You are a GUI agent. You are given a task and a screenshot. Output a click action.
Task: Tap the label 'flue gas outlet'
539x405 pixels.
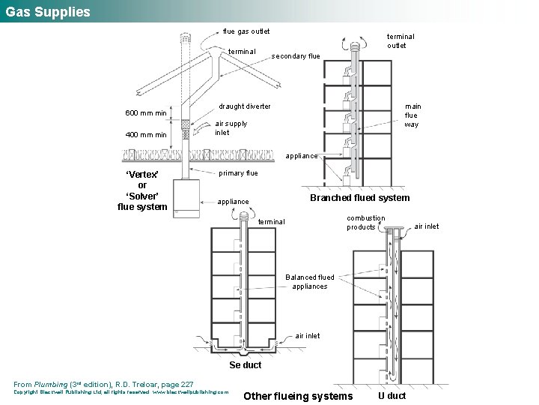246,31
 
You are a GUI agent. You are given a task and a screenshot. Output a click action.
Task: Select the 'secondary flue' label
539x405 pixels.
296,56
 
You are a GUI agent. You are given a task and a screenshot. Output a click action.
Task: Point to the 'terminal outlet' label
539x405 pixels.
400,40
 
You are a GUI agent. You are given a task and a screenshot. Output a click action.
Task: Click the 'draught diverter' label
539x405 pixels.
245,106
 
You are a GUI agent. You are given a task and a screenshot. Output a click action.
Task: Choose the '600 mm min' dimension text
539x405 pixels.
146,113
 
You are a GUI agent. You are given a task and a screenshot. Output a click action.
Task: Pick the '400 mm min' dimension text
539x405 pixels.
146,135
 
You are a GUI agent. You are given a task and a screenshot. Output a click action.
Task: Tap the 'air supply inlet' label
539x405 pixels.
231,128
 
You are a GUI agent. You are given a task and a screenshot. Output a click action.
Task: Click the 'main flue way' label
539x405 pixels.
412,115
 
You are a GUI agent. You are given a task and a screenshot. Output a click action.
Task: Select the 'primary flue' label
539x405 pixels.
238,173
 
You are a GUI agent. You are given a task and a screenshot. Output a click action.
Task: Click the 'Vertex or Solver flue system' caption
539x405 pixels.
142,190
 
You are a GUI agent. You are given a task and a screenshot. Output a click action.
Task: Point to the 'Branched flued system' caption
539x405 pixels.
359,198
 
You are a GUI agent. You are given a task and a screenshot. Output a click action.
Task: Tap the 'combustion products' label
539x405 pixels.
365,223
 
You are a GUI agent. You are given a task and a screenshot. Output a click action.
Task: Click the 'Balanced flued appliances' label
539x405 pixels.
310,282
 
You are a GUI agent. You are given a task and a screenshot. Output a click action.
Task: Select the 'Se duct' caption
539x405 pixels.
245,365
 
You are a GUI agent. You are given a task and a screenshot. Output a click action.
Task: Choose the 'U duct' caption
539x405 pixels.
392,395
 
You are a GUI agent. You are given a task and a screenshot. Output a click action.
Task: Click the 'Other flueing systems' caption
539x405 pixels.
298,396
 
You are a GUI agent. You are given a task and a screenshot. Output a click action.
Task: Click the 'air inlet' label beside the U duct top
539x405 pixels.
427,226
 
